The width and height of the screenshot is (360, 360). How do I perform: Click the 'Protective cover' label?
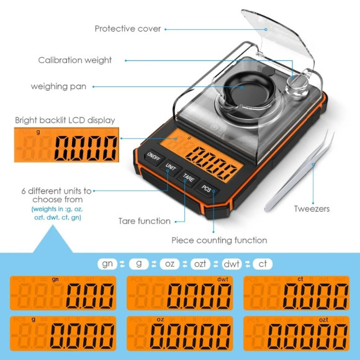[x=128, y=29]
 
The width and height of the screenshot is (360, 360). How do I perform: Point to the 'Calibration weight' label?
[x=75, y=60]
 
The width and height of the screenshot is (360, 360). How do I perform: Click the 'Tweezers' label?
[x=312, y=209]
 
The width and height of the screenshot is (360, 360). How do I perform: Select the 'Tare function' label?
[x=145, y=221]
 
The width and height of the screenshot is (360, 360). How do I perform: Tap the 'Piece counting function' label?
[x=219, y=240]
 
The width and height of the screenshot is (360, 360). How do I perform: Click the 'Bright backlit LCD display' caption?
[x=65, y=120]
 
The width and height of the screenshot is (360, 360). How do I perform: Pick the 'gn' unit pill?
[x=108, y=264]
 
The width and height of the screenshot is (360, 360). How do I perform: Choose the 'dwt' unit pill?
[x=232, y=264]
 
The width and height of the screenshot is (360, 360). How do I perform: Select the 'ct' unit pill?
[x=263, y=264]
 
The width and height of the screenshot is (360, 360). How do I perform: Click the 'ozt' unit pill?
[x=200, y=264]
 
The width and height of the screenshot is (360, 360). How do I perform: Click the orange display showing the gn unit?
[x=63, y=292]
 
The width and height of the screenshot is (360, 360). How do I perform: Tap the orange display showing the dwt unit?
[x=179, y=292]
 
